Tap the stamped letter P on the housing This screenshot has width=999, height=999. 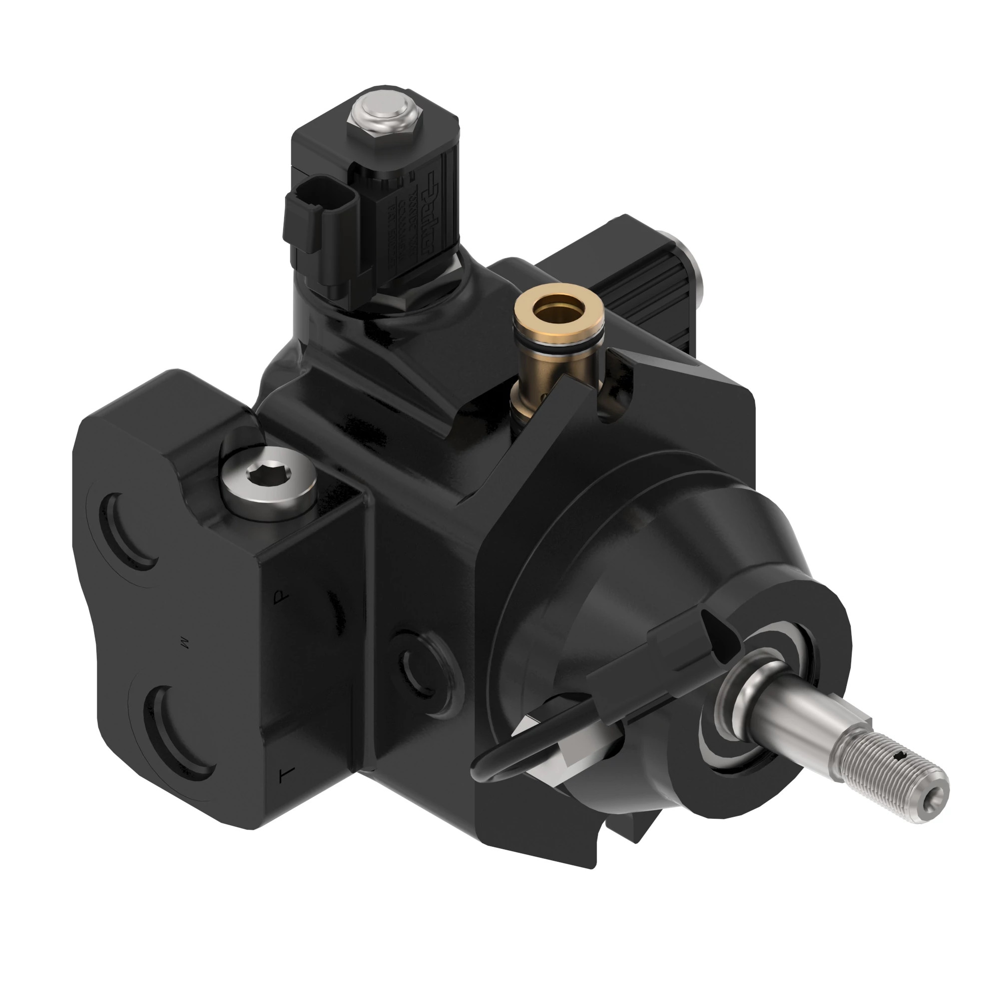point(280,598)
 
